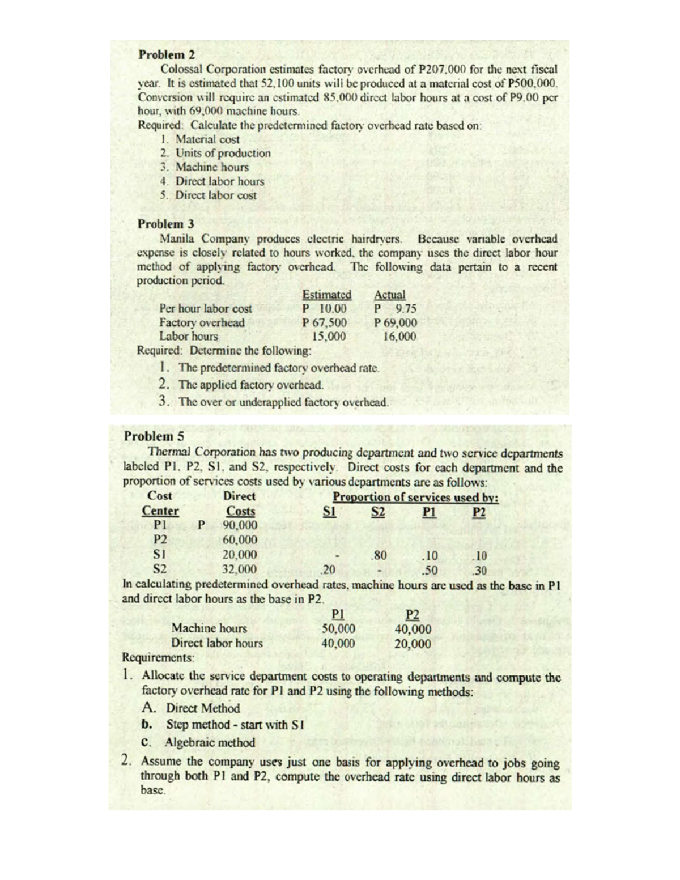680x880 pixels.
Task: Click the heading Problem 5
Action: pos(152,437)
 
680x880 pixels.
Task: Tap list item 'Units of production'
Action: pos(223,153)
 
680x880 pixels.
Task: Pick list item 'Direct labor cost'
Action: pos(215,195)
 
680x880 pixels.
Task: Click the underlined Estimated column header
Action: pos(327,295)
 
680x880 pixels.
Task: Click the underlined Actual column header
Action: pos(390,295)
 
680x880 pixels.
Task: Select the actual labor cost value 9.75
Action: pos(406,309)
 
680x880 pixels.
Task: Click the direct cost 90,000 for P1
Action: pos(240,525)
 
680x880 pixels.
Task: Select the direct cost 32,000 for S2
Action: pos(240,569)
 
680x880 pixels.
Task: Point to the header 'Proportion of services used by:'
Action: pos(415,497)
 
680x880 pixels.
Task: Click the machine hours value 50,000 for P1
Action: pos(338,628)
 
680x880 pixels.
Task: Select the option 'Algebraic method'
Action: pos(210,742)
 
